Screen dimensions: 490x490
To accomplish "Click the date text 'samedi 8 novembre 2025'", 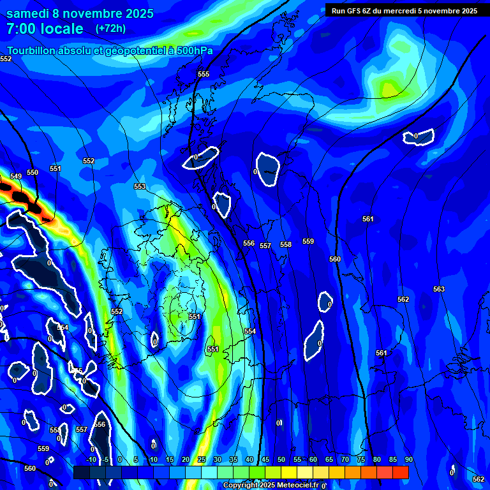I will point(80,13).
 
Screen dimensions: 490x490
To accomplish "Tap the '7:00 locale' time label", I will point(45,29).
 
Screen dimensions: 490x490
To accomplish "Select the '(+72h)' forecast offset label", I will point(110,29).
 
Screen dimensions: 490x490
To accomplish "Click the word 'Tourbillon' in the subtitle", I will point(32,50).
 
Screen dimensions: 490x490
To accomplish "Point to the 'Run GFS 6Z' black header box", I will point(405,10).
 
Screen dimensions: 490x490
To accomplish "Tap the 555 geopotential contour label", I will point(204,75).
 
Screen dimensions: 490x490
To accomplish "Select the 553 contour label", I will point(140,187).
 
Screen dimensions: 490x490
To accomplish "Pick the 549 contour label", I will point(16,176).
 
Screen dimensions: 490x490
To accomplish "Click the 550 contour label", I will point(33,172).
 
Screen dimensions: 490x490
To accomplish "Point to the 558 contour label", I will point(286,245).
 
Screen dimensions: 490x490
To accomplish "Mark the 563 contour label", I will point(439,290).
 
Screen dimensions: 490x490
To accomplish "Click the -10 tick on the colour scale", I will point(91,460).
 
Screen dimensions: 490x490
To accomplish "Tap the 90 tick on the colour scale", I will point(408,460).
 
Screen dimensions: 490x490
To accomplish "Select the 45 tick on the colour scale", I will point(265,460).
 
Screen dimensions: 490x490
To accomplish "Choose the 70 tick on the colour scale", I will point(345,460).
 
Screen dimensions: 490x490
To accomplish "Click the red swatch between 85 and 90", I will point(400,472).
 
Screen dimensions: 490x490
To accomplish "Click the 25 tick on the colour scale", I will point(201,460).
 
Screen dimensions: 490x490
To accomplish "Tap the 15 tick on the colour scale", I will point(169,460).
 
